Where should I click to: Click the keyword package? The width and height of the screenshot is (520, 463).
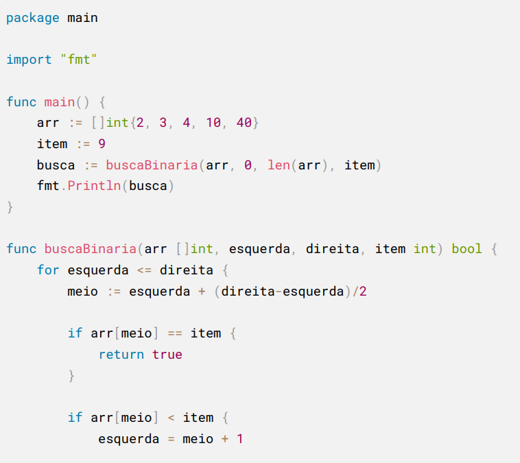click(x=33, y=19)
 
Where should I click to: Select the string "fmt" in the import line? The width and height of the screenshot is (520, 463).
click(x=79, y=60)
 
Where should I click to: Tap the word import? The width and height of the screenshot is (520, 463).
click(x=29, y=60)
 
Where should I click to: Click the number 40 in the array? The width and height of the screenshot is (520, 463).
click(x=244, y=123)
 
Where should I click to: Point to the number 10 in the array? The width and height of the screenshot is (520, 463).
click(x=213, y=123)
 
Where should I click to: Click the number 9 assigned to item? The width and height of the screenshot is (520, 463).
click(x=102, y=143)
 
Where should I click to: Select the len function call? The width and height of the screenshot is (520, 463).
click(x=279, y=165)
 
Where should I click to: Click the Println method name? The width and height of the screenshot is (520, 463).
click(x=94, y=186)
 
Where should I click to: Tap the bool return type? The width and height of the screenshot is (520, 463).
click(x=466, y=249)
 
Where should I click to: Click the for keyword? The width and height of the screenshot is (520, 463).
click(x=48, y=270)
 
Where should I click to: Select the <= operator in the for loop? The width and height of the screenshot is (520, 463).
click(x=144, y=270)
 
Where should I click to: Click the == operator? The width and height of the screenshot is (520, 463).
click(x=175, y=333)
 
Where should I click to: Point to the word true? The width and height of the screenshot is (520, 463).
click(x=167, y=355)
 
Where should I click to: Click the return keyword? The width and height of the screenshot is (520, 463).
click(x=121, y=355)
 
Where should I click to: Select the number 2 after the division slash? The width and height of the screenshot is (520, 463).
click(x=363, y=292)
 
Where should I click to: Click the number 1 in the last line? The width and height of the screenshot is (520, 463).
click(x=240, y=439)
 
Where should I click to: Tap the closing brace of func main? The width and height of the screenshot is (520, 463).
click(x=10, y=207)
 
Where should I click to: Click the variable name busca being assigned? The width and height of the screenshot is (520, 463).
click(x=56, y=165)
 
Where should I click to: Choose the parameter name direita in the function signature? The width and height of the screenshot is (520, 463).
click(x=332, y=249)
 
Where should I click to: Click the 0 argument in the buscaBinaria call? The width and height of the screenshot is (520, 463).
click(x=248, y=165)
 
